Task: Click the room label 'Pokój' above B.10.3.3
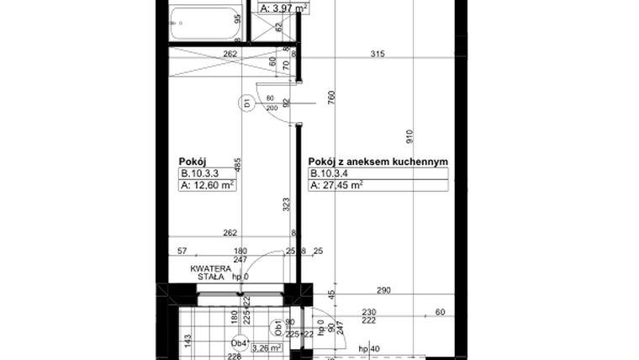point(193,161)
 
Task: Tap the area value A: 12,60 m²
point(206,186)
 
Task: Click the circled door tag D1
point(248,104)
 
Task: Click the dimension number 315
point(378,56)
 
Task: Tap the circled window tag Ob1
point(276,327)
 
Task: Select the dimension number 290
point(383,290)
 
